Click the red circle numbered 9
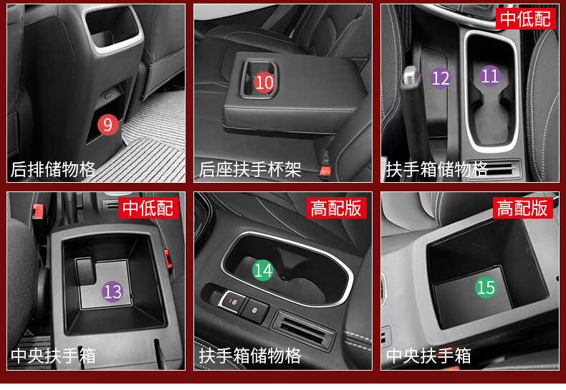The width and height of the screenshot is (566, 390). pos(107,125)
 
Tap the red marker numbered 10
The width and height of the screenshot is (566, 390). pos(264,82)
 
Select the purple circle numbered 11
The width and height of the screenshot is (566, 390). pos(490,76)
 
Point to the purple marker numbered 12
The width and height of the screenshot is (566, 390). pos(441,78)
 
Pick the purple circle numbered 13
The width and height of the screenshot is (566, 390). pos(112,291)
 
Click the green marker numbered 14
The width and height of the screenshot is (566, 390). pos(263,270)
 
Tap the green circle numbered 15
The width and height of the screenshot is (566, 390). pos(486,287)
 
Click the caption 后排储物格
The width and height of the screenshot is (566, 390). pos(53,169)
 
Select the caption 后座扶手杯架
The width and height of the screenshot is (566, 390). pos(250,169)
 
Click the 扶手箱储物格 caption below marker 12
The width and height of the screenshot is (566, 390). pos(437,169)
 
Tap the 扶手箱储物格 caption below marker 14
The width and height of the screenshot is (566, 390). pos(250,356)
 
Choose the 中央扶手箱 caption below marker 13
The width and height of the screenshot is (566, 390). pos(53,356)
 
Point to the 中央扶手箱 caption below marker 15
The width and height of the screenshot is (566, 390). pos(428,356)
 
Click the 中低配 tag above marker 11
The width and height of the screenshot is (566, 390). pos(525,18)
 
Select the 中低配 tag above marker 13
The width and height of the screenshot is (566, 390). pos(148,208)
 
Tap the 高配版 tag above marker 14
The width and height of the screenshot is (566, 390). pos(337,208)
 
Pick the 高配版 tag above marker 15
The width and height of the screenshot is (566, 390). pos(523,208)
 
